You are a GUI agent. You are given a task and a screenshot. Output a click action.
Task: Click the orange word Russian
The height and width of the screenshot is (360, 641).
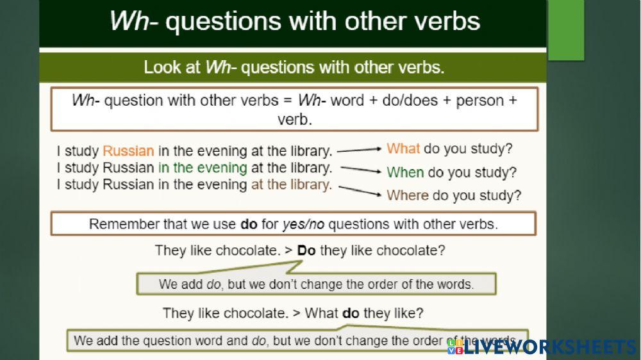128,152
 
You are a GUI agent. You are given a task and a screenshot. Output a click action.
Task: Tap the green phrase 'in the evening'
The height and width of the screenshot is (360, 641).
203,168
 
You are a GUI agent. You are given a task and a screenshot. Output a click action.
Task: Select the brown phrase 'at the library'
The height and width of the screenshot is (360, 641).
291,185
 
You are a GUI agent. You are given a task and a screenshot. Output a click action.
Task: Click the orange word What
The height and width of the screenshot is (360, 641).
403,149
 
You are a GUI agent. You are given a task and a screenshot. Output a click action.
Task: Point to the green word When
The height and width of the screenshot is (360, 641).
405,172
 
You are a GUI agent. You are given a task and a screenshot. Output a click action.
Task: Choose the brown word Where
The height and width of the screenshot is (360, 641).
407,195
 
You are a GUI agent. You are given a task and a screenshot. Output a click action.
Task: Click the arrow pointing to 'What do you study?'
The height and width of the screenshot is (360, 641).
360,150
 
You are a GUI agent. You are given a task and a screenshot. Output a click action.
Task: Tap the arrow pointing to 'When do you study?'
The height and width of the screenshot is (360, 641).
362,170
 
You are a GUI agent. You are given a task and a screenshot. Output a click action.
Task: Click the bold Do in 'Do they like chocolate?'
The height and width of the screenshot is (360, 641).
306,250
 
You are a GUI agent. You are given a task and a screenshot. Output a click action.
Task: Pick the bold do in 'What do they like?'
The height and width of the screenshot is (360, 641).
351,313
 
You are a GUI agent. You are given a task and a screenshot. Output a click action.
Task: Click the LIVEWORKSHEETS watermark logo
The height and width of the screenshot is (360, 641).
542,347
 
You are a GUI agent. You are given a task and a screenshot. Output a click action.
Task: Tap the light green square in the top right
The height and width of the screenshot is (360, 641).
566,30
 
